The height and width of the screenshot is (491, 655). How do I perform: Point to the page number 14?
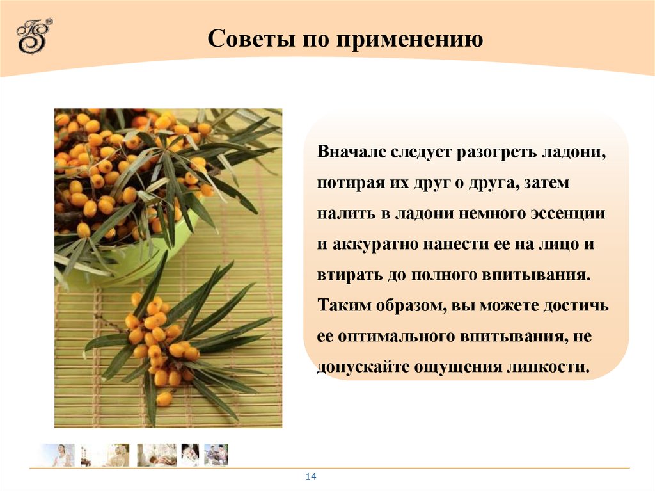(312, 477)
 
